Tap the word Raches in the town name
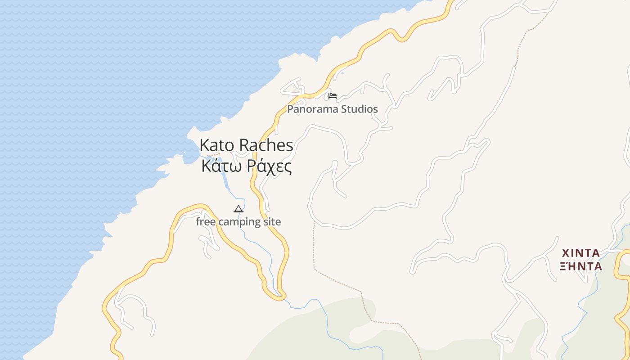(266, 145)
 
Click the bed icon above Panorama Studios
(333, 96)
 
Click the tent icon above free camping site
(238, 209)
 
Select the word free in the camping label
(206, 222)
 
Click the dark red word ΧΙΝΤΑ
(581, 253)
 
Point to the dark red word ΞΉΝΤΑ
(581, 266)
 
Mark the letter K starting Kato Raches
(204, 145)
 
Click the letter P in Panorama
(290, 109)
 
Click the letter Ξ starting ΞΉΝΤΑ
(563, 266)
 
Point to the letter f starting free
(198, 221)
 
